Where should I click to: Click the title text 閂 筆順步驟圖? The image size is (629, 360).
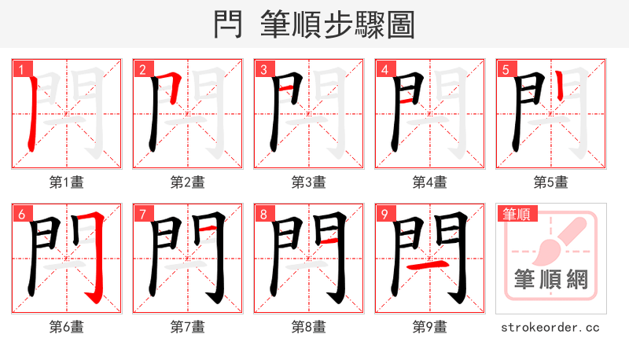314,24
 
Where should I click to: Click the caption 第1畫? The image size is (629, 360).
67,182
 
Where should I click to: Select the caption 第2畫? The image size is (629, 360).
188,182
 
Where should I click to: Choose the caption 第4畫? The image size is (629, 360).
430,182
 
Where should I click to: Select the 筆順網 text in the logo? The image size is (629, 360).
551,280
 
